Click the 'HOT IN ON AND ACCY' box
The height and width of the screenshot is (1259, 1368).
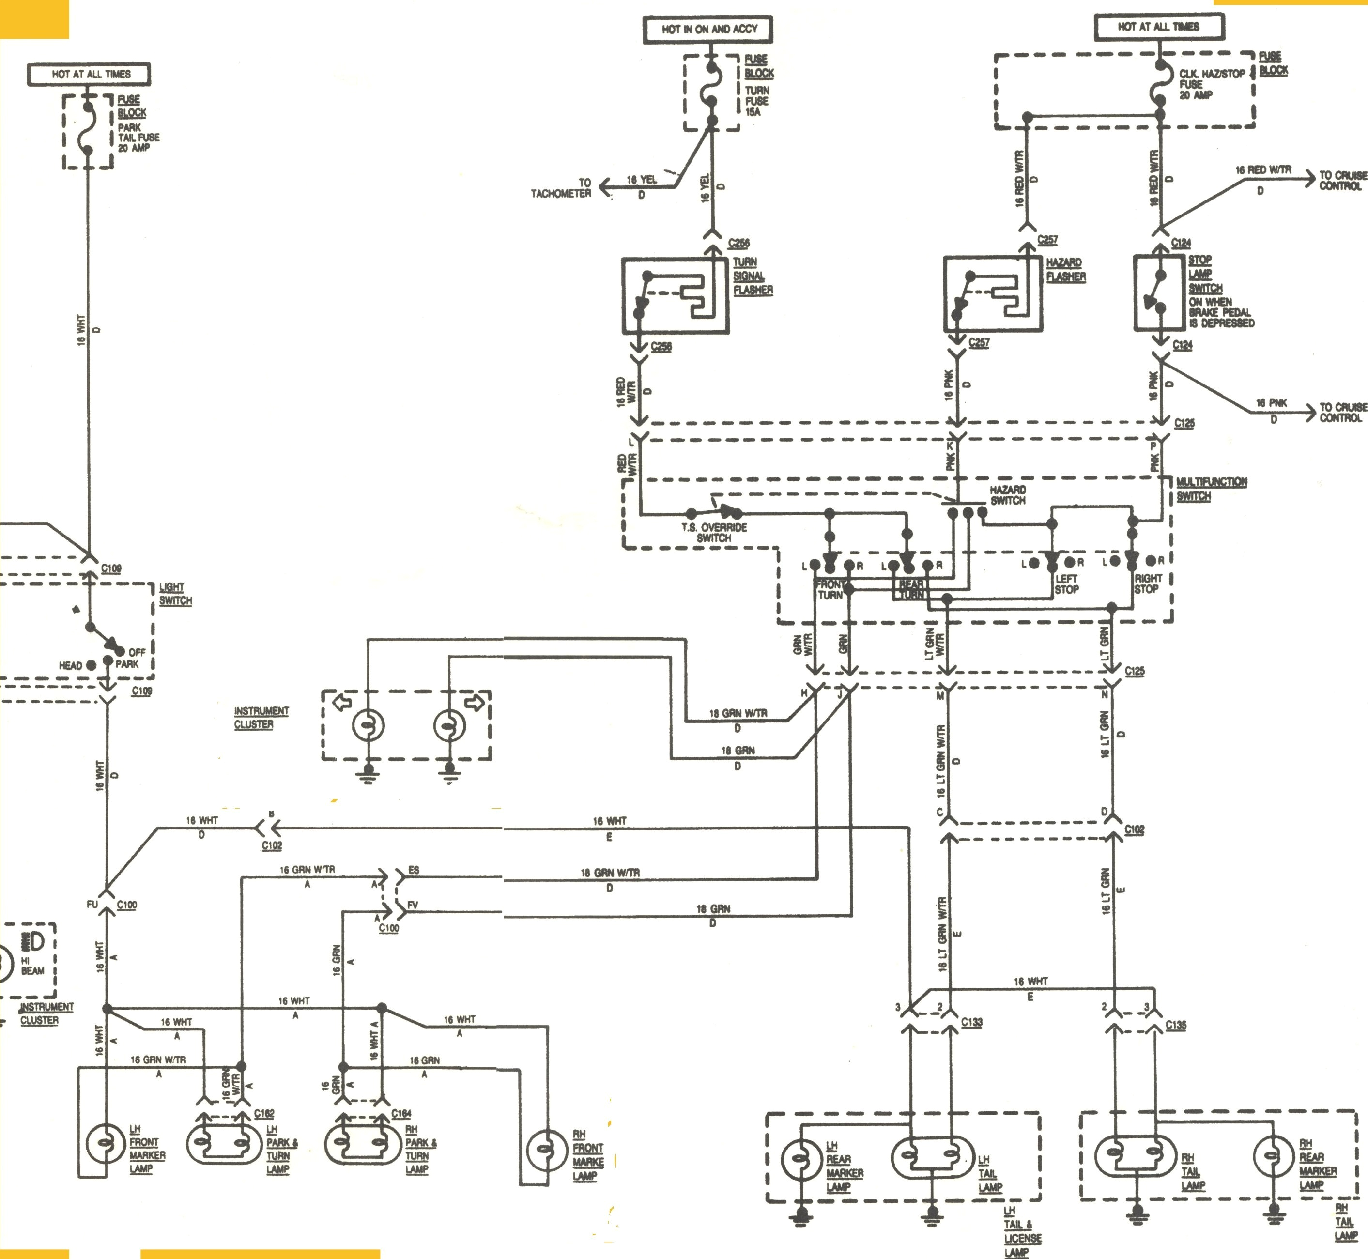pyautogui.click(x=708, y=29)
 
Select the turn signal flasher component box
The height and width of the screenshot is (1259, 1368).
pyautogui.click(x=675, y=295)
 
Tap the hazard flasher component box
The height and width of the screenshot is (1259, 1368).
pyautogui.click(x=993, y=293)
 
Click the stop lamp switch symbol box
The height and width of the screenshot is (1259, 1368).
pyautogui.click(x=1159, y=293)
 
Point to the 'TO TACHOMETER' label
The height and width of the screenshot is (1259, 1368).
pyautogui.click(x=561, y=188)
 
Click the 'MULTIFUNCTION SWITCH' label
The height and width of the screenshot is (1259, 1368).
pyautogui.click(x=1211, y=489)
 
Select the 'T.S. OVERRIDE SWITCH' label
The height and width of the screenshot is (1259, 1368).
pyautogui.click(x=713, y=532)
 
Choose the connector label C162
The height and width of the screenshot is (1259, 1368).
pyautogui.click(x=263, y=1113)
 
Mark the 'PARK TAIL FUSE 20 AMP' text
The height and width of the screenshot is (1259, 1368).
pyautogui.click(x=138, y=137)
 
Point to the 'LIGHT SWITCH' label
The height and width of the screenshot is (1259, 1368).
pyautogui.click(x=175, y=593)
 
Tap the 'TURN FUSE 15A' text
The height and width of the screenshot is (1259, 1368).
pyautogui.click(x=756, y=101)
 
